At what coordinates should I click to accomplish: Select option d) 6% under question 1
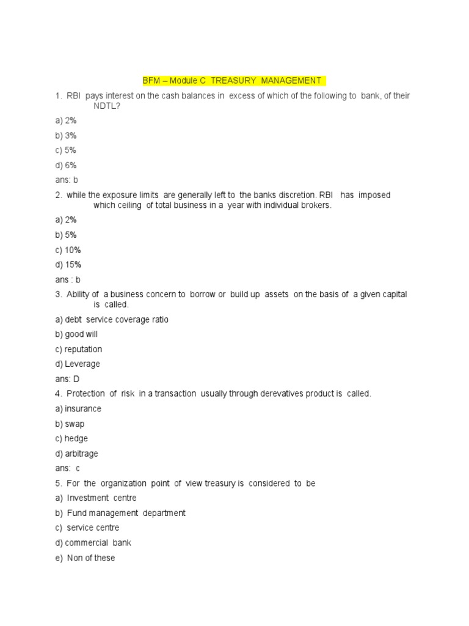65,165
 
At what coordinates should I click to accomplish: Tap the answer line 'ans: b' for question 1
66,180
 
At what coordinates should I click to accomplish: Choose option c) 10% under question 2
68,250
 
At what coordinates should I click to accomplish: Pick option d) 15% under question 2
68,265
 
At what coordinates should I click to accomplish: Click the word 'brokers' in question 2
313,205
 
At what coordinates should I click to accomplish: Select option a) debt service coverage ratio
111,320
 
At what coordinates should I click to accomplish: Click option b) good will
76,334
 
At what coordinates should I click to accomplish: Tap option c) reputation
78,349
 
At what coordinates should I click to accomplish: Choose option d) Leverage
78,364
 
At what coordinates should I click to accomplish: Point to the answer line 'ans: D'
67,379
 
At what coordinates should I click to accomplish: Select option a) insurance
78,408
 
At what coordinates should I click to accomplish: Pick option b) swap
70,424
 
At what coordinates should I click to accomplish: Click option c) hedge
71,438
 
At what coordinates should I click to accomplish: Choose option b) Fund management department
120,513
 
